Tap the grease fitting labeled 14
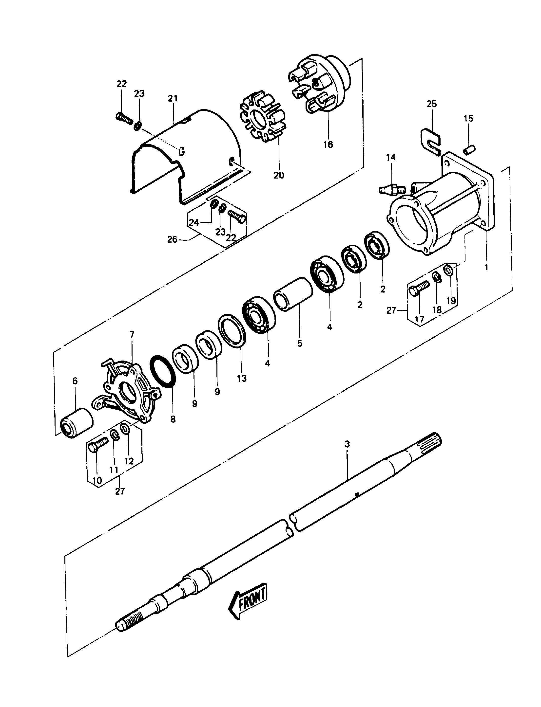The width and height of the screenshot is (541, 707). [391, 189]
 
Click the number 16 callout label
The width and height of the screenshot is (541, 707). [328, 144]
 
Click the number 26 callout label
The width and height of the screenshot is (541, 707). [172, 239]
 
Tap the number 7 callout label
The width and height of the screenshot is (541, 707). [132, 334]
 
